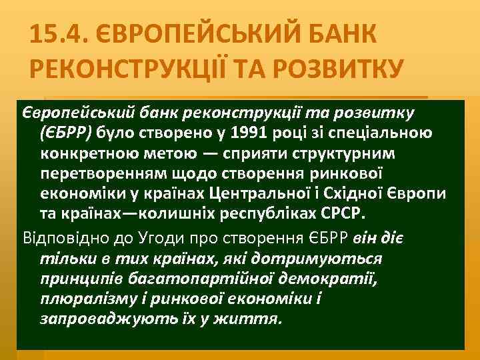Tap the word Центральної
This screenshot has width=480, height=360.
[252, 195]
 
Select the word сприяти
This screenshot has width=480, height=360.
[252, 153]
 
